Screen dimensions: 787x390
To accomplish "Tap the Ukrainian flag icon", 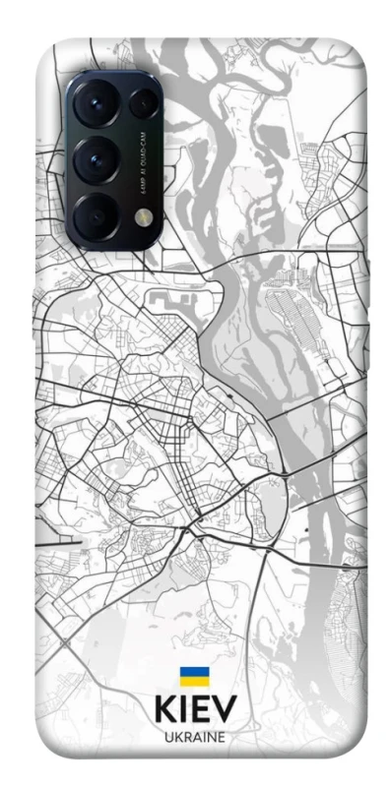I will pyautogui.click(x=194, y=676).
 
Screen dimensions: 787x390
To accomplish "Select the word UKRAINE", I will pyautogui.click(x=194, y=737).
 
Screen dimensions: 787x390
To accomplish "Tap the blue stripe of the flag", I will pyautogui.click(x=194, y=672).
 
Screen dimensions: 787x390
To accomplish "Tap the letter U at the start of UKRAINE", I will pyautogui.click(x=166, y=737).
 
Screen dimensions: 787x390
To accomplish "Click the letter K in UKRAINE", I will pyautogui.click(x=176, y=737).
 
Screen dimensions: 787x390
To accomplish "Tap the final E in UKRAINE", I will pyautogui.click(x=222, y=737).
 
